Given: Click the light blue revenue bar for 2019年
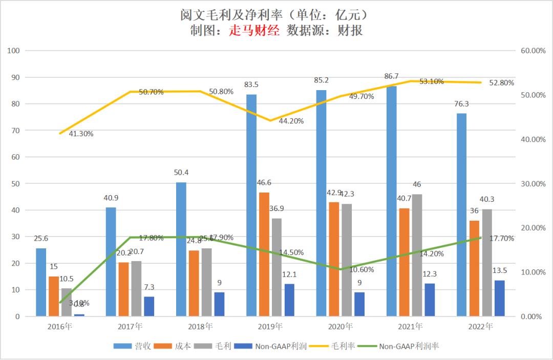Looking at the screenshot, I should pyautogui.click(x=251, y=205).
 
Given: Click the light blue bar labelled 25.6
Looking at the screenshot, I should pyautogui.click(x=41, y=282).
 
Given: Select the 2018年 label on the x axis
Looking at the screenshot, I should pyautogui.click(x=200, y=326).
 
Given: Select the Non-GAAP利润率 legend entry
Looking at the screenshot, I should pyautogui.click(x=408, y=346).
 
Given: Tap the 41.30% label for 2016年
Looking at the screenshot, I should pyautogui.click(x=81, y=134).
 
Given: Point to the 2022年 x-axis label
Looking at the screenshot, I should pyautogui.click(x=480, y=326).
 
